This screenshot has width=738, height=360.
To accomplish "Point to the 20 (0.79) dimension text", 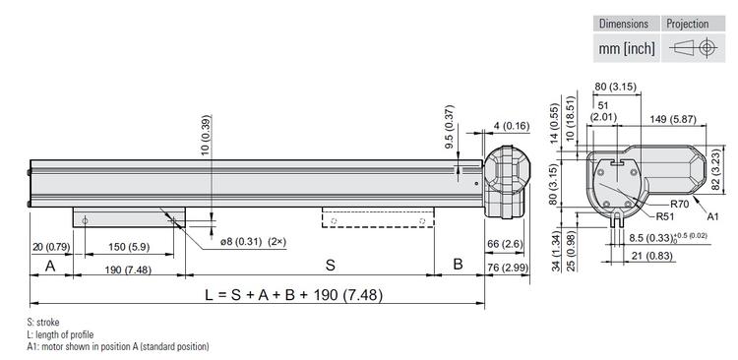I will click(49, 246).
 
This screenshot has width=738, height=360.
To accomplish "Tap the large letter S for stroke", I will click(331, 265).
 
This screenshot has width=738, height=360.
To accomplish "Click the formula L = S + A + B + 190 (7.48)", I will click(293, 295).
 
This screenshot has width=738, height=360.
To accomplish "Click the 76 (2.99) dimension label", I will click(506, 269).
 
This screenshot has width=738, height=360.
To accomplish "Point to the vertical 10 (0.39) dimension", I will click(206, 137).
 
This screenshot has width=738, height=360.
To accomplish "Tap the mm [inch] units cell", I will click(625, 47).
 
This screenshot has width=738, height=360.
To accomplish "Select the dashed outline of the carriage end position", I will click(378, 218).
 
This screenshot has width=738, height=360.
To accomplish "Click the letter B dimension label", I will click(458, 265).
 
